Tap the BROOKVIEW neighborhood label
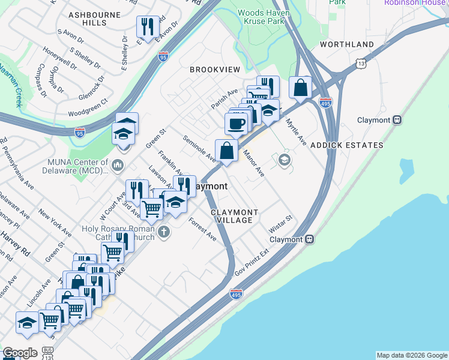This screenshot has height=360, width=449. click(x=215, y=70)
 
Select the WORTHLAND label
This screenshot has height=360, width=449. click(x=347, y=44)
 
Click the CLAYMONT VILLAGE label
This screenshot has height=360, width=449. click(x=235, y=217)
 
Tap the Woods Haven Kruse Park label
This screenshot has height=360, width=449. click(x=264, y=17)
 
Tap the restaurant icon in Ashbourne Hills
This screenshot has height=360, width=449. click(x=147, y=26)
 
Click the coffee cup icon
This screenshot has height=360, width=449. click(x=236, y=123)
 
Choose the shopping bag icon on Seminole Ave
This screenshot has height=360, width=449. click(x=226, y=151)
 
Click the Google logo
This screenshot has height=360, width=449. click(x=20, y=353)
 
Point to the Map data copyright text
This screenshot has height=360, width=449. click(x=411, y=355)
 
